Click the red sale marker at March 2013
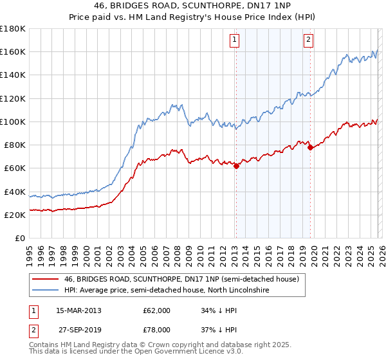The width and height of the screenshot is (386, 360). coord(236,166)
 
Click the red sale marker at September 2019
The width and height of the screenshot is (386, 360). coord(311,147)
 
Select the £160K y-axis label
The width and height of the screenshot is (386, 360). coord(13,51)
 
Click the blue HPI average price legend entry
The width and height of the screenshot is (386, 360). coord(166,291)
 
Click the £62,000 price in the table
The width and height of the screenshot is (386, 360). coord(156,310)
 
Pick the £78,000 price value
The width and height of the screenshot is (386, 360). coord(156,330)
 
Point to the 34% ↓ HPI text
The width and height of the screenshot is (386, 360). coord(219,310)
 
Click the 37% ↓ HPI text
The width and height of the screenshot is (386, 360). coord(219,330)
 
